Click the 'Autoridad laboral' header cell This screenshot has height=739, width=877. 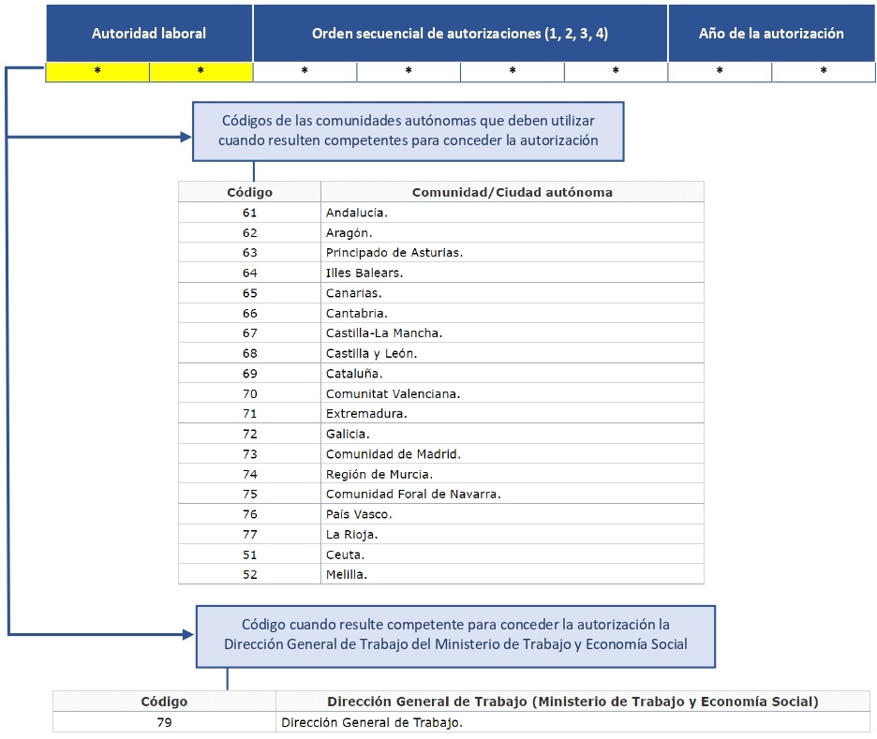149,34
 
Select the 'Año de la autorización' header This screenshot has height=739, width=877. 771,34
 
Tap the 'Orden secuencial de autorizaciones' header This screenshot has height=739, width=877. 460,34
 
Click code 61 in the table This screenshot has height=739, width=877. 249,213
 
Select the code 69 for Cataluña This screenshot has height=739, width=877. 249,374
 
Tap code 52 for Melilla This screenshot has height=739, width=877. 249,574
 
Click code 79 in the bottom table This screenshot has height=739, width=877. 164,722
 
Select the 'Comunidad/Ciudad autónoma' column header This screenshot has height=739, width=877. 512,192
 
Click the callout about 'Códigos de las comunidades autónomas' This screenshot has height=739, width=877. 408,131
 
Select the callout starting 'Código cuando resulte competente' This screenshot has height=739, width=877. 455,634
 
